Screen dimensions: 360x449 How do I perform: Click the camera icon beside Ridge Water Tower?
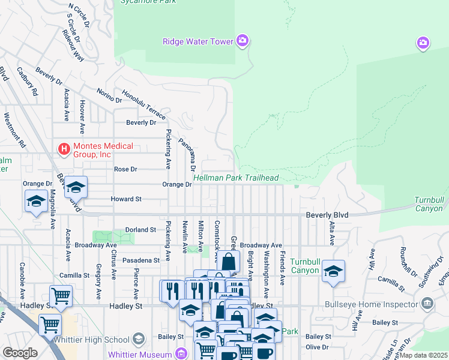243,41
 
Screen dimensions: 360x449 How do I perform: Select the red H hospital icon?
63,147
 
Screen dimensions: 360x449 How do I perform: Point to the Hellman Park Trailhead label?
236,178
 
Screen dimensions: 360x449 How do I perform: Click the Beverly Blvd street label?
327,214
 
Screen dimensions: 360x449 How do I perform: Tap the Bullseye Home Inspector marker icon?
427,304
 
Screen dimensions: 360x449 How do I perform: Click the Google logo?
20,353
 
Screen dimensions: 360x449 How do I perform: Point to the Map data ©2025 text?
424,356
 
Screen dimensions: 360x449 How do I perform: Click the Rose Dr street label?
125,169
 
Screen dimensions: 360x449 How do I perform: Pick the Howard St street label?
125,199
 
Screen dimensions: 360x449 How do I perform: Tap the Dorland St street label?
141,230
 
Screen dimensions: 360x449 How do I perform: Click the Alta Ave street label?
331,233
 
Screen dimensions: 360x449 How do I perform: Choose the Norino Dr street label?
110,96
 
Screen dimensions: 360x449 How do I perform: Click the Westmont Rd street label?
15,130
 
